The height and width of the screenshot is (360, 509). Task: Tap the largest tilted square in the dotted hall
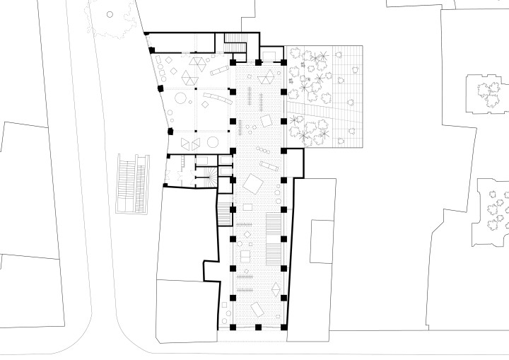coord(252,184)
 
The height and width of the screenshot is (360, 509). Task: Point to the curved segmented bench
coord(215,98)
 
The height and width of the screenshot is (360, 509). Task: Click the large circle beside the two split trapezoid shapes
coord(213,142)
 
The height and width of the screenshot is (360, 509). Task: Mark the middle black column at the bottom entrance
coord(259,327)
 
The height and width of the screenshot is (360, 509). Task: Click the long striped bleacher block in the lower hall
coord(273,226)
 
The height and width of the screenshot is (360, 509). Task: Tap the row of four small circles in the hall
coord(248,128)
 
